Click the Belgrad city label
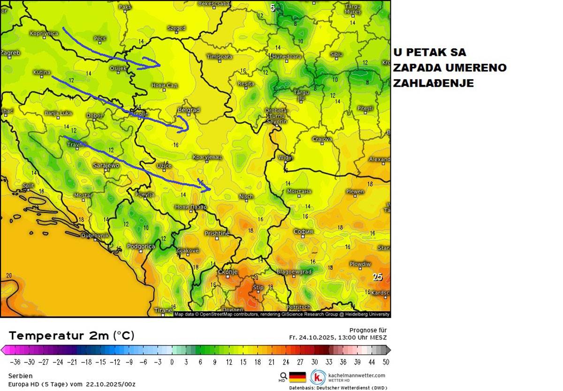pos(189,110)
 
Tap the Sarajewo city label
pos(106,165)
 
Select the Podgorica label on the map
pos(141,246)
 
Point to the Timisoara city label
pos(220,57)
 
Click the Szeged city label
pos(176,28)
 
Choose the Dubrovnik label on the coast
pos(95,235)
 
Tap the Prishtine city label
pos(217,233)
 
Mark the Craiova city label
pos(322,139)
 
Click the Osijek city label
pos(118,68)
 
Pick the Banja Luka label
pos(58,113)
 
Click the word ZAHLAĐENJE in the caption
pos(433,83)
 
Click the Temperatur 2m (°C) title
pos(71,336)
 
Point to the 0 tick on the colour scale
pos(172,362)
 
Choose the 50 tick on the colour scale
pos(385,362)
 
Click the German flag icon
pos(297,377)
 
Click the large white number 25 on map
pos(377,277)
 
